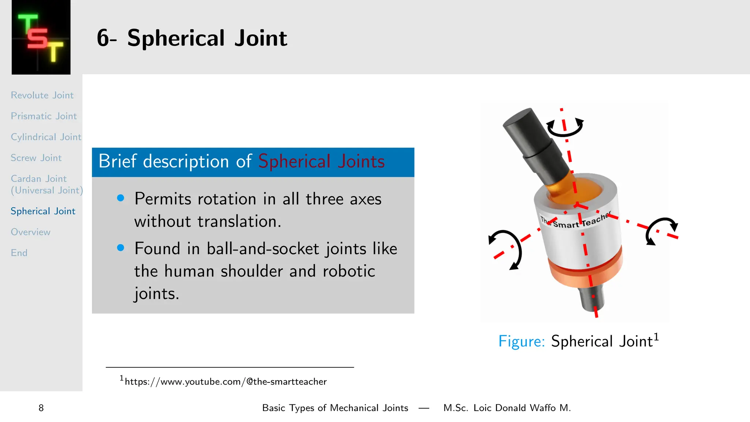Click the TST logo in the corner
coord(41,37)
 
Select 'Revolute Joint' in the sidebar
coord(42,95)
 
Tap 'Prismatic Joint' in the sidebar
coord(44,116)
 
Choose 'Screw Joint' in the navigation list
coord(36,158)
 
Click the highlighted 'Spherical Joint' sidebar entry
coord(43,211)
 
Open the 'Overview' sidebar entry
coord(30,232)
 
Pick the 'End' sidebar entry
coord(19,253)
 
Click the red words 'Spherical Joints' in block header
coord(321,162)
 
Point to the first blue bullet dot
coord(120,198)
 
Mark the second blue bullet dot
coord(120,248)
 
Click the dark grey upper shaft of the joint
coord(531,143)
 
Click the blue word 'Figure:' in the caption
coord(521,341)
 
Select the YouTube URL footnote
coord(225,382)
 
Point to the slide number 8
coord(41,408)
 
